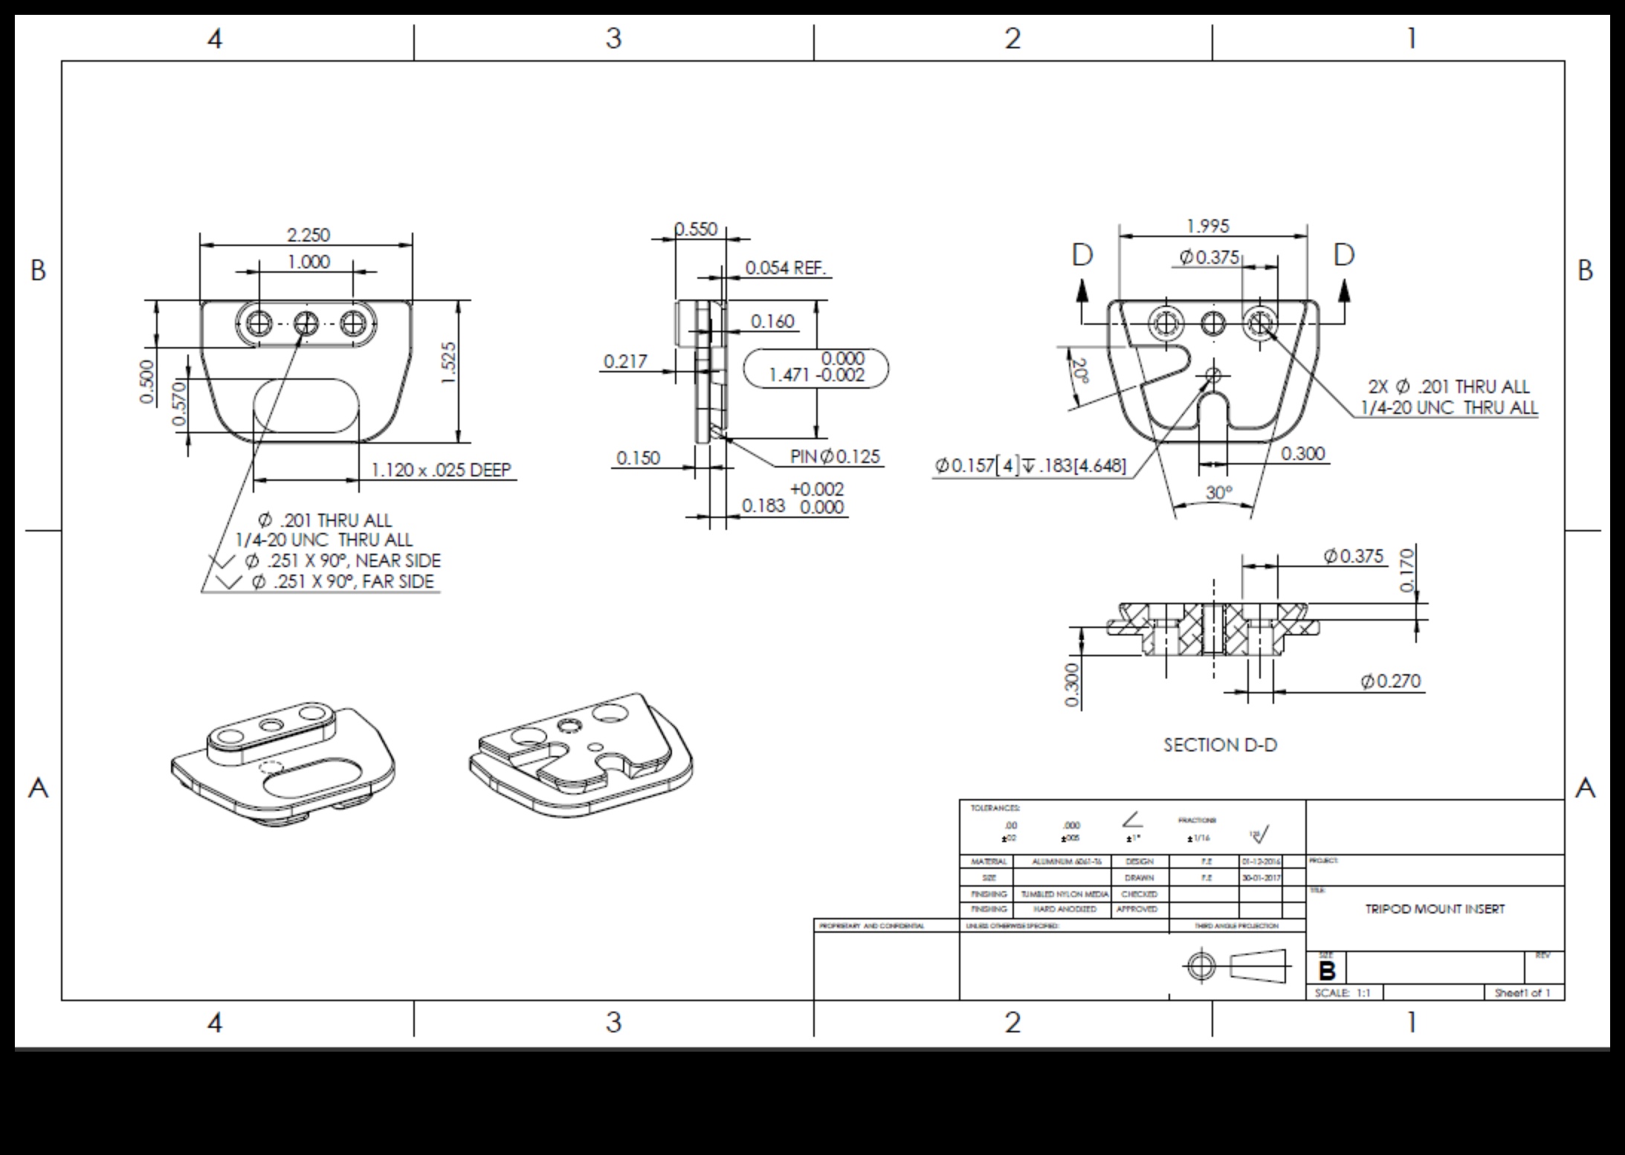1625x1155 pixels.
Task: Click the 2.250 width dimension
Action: point(308,235)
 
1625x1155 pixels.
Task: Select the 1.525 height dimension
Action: point(448,363)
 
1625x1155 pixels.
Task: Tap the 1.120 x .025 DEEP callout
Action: point(441,470)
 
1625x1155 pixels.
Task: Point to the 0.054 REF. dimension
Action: point(786,268)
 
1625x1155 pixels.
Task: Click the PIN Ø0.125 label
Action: point(835,456)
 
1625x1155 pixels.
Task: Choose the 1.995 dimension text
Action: point(1207,225)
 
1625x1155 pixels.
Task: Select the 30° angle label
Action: point(1219,492)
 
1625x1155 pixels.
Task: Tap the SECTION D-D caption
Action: point(1220,745)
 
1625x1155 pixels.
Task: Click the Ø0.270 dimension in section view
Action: point(1390,681)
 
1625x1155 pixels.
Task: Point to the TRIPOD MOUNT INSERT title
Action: point(1435,909)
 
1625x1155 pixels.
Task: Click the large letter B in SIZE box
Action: point(1327,971)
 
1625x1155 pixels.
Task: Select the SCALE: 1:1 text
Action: point(1343,993)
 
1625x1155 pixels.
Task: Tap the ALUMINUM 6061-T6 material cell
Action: point(1061,861)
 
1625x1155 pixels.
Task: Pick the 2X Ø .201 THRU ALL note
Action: point(1448,386)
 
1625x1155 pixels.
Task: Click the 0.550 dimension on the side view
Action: point(696,229)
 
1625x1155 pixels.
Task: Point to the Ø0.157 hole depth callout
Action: point(1030,466)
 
